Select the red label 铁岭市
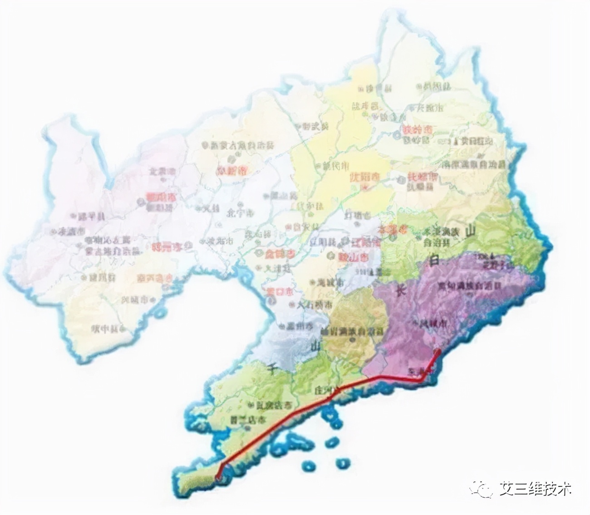click(417, 129)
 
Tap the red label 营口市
click(278, 291)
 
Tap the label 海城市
click(329, 282)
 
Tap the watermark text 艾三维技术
click(535, 489)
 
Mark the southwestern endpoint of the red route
click(218, 477)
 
